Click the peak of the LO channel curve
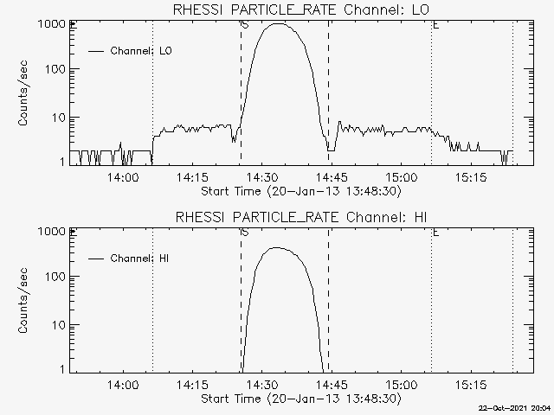pyautogui.click(x=278, y=23)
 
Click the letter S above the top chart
pyautogui.click(x=245, y=25)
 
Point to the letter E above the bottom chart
pyautogui.click(x=435, y=233)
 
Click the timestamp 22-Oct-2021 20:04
pyautogui.click(x=517, y=407)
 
